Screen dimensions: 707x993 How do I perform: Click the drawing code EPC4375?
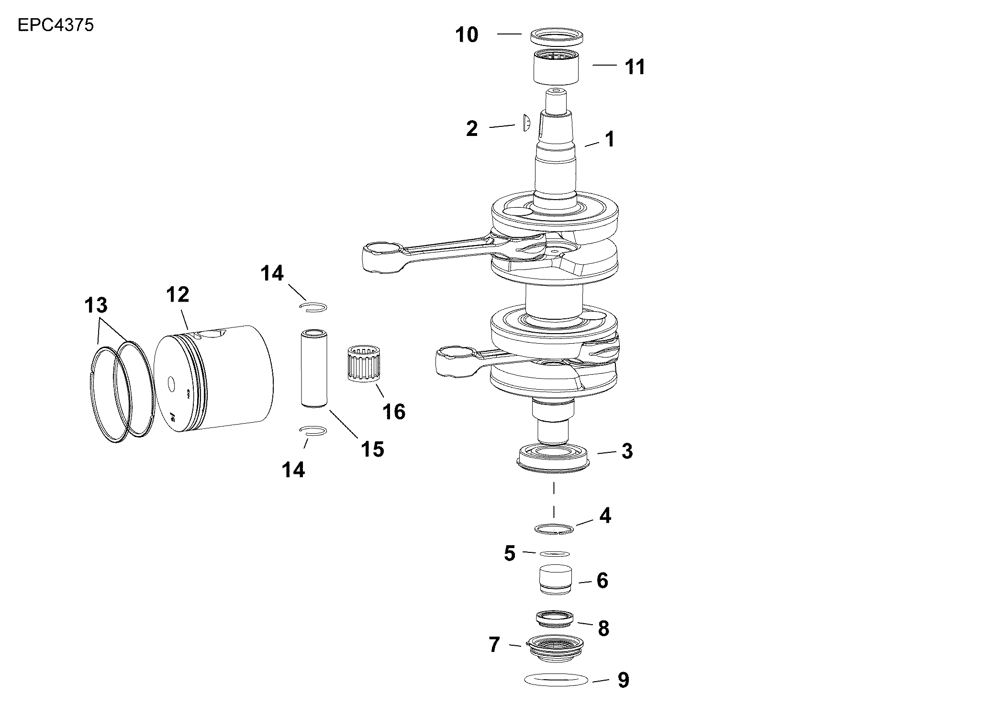pyautogui.click(x=56, y=25)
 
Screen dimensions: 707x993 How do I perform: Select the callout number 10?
pyautogui.click(x=467, y=35)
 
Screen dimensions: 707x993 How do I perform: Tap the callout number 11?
pyautogui.click(x=635, y=67)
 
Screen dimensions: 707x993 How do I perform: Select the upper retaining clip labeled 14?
pyautogui.click(x=313, y=306)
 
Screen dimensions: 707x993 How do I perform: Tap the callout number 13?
pyautogui.click(x=96, y=305)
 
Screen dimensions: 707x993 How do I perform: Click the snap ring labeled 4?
pyautogui.click(x=554, y=528)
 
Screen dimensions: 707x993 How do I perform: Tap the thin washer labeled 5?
pyautogui.click(x=555, y=553)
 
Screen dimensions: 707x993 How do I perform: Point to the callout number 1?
pyautogui.click(x=609, y=139)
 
